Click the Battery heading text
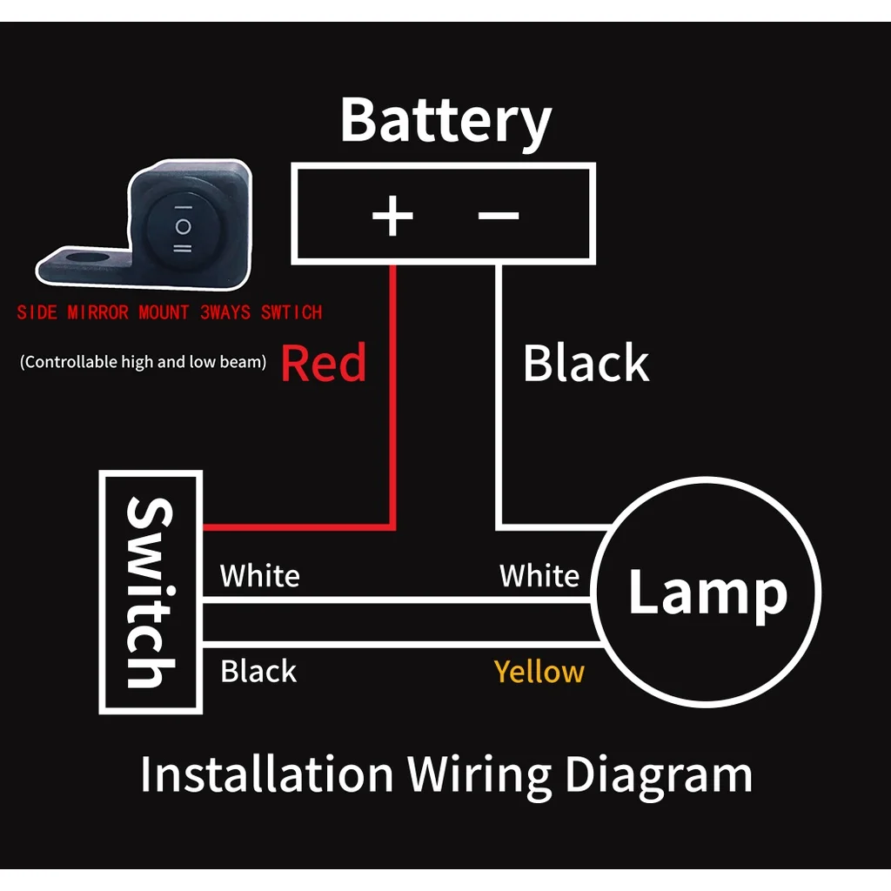[x=445, y=122]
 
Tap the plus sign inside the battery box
[x=392, y=216]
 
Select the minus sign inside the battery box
[x=499, y=215]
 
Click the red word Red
[x=324, y=364]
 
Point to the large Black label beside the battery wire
[x=586, y=364]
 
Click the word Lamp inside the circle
[x=707, y=593]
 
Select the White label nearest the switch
[x=259, y=576]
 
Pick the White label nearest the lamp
[x=539, y=576]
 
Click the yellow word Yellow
[x=539, y=672]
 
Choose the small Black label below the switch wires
[x=258, y=672]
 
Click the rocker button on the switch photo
[x=183, y=227]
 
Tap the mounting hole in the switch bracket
[x=84, y=258]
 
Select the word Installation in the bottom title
[x=266, y=774]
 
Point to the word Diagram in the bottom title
[x=658, y=774]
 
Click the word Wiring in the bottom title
[x=479, y=774]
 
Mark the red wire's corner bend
[x=393, y=526]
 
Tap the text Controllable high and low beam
[x=143, y=362]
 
